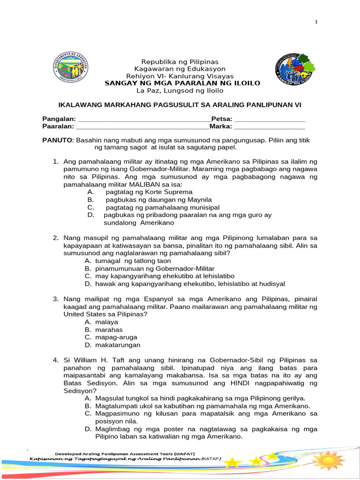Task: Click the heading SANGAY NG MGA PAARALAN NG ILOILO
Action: [182, 83]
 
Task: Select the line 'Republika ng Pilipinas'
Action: [180, 62]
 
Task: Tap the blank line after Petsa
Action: [270, 119]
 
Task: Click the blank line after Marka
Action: [269, 126]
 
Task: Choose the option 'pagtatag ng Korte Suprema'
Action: [149, 192]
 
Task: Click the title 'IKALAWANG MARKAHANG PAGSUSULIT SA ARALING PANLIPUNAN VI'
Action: [180, 105]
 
